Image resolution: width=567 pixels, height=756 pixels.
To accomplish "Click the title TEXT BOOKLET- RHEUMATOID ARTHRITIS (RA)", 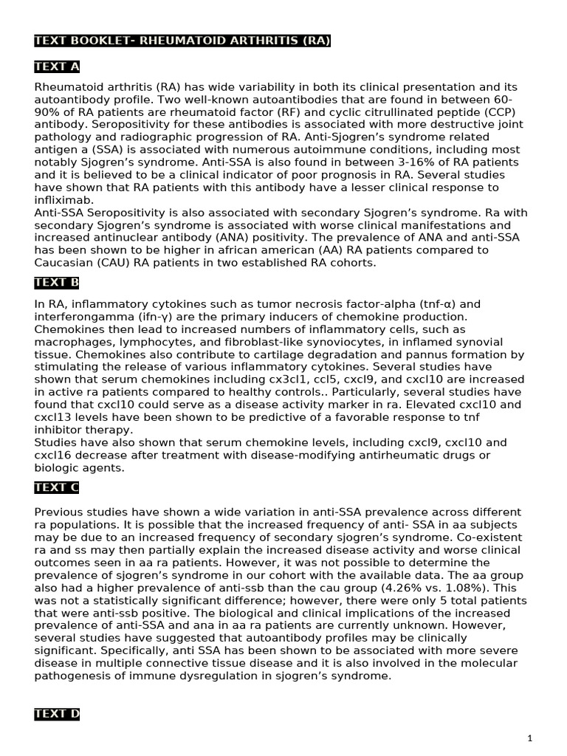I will click(182, 41).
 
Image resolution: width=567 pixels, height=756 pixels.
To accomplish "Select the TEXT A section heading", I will click(57, 67).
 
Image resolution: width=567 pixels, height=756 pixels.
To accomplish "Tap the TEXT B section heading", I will click(57, 283).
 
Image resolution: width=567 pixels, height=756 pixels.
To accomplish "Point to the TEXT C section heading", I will click(57, 488).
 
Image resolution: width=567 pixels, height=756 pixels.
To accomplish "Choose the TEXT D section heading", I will click(57, 714).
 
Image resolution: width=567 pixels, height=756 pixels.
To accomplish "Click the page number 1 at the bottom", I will click(529, 738).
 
